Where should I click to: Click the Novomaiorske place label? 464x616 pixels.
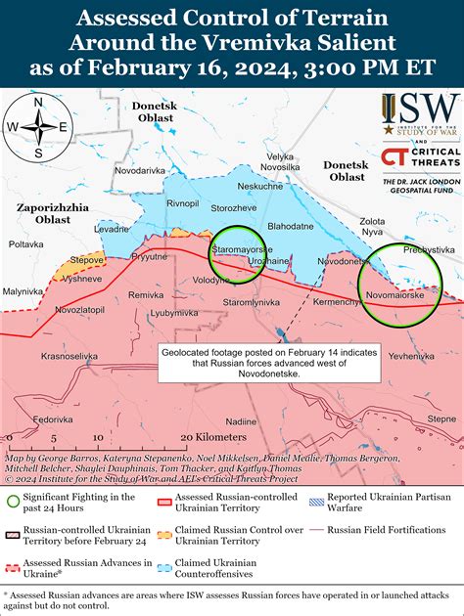point(395,294)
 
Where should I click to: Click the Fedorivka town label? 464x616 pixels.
point(52,418)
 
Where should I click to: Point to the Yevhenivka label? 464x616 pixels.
point(411,357)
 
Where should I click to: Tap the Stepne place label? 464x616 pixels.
point(441,418)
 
